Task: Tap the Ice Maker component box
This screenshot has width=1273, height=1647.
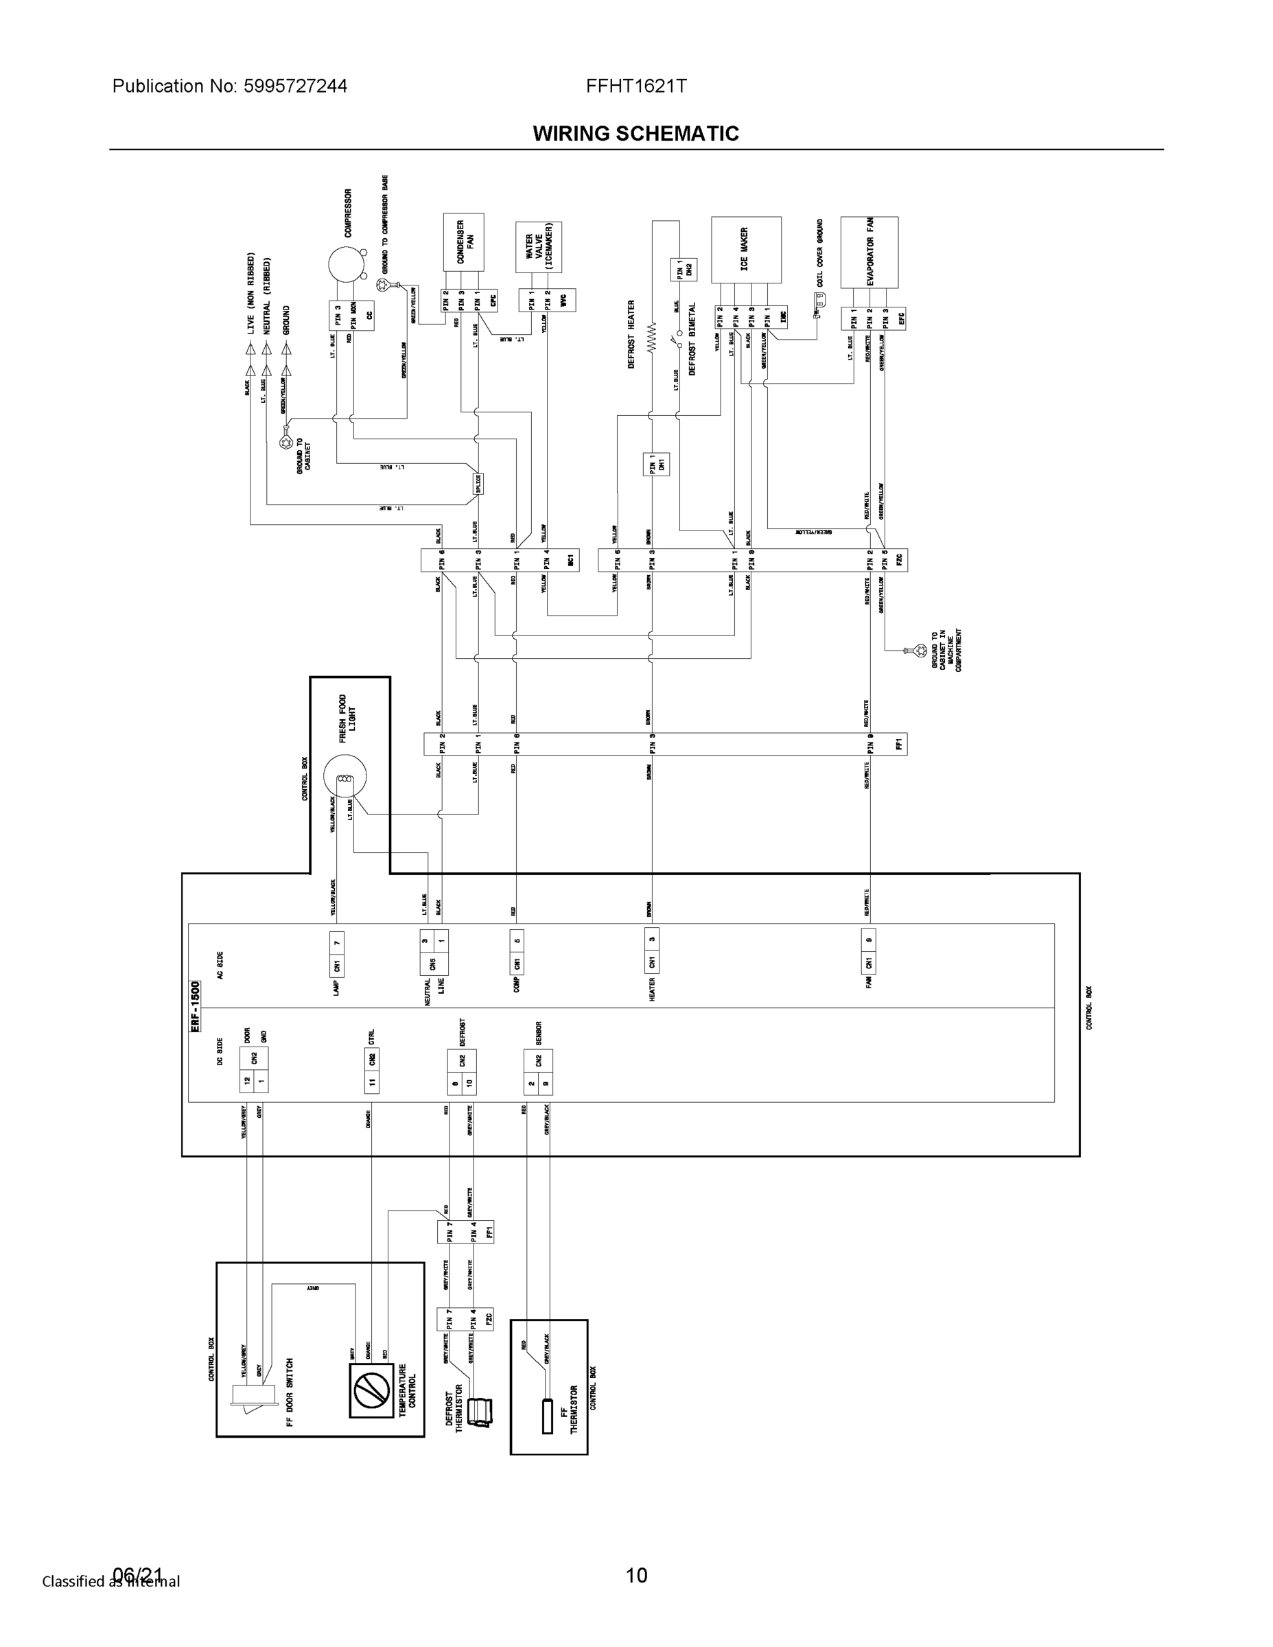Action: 746,250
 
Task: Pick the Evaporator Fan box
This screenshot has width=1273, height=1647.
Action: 869,252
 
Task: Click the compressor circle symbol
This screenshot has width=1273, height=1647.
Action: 346,266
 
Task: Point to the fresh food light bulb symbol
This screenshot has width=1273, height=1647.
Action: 344,778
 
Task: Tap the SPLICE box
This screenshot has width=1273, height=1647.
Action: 478,484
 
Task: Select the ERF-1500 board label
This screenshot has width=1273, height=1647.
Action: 196,1006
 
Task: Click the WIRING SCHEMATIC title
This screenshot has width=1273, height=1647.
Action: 635,134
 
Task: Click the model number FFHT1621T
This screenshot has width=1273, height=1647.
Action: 635,86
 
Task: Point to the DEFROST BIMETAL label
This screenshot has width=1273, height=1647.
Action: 692,340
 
